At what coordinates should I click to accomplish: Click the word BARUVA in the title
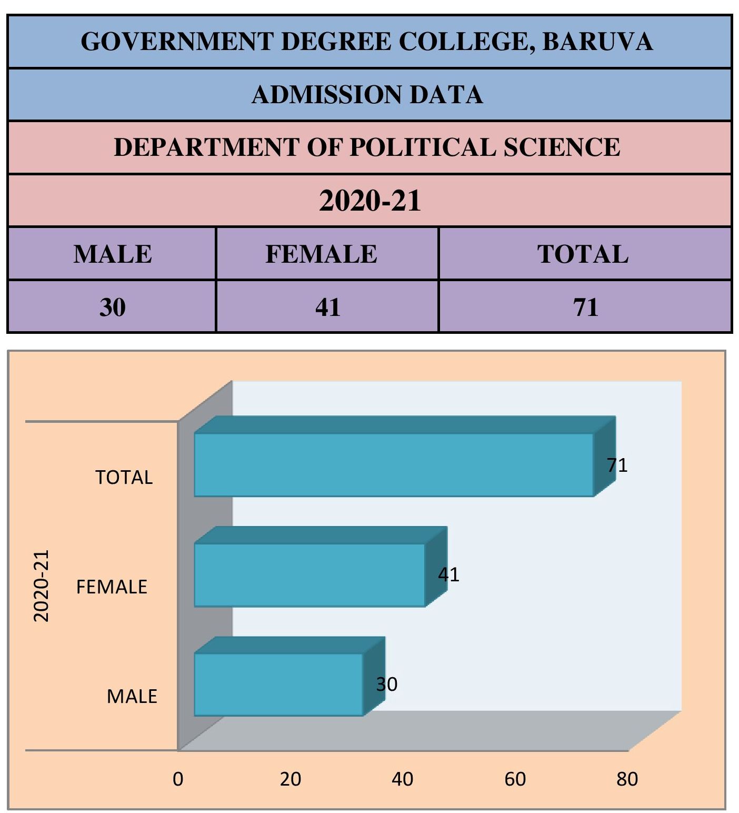597,42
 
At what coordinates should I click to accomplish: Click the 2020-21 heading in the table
370,201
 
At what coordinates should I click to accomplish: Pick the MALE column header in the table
113,254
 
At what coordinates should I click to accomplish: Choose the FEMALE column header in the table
321,254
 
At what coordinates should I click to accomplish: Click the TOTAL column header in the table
583,254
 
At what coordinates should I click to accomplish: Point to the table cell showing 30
112,307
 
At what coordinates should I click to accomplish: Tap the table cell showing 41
327,307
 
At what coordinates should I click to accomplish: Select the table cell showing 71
585,307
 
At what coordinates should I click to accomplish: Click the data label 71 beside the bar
617,465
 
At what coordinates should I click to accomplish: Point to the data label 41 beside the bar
448,574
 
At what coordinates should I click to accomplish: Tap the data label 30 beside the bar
386,685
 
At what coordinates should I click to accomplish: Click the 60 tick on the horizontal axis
515,779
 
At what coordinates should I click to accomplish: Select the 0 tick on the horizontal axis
178,779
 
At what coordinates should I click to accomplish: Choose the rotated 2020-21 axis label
41,586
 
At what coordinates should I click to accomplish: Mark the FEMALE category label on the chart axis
112,587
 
